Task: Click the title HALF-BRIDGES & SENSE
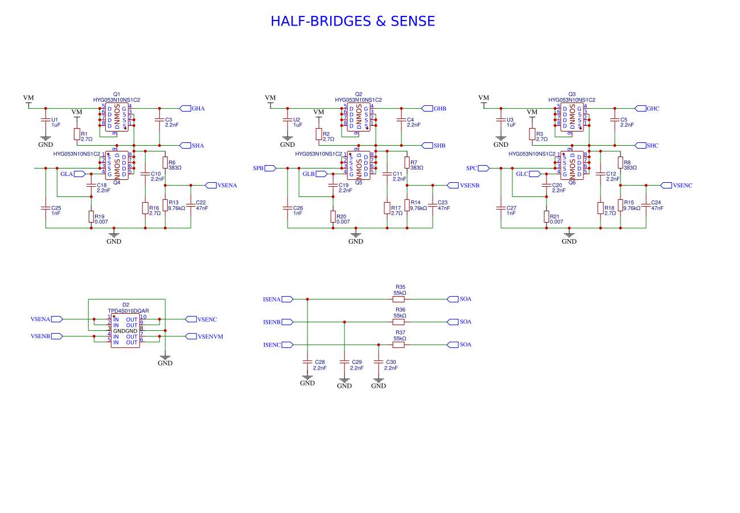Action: pyautogui.click(x=352, y=22)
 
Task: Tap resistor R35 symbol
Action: pyautogui.click(x=398, y=299)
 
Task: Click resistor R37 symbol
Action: pyautogui.click(x=398, y=344)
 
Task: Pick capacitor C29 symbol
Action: pyautogui.click(x=344, y=362)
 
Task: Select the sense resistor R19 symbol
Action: pyautogui.click(x=91, y=216)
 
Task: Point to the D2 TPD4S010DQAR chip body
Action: pyautogui.click(x=125, y=331)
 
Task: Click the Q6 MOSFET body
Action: pyautogui.click(x=572, y=165)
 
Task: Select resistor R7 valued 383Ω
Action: pyautogui.click(x=407, y=163)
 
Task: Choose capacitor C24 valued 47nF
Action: pyautogui.click(x=646, y=206)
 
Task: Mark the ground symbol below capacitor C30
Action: pyautogui.click(x=379, y=380)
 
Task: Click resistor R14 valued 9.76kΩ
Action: pyautogui.click(x=407, y=205)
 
